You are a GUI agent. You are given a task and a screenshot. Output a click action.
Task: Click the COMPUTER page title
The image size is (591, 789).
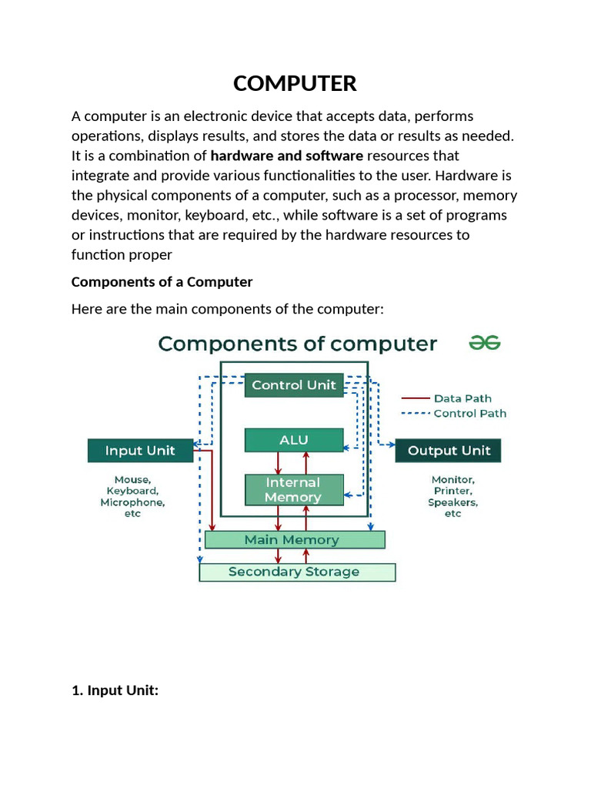[295, 83]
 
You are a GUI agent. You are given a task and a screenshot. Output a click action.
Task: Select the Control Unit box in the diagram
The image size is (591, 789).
[294, 384]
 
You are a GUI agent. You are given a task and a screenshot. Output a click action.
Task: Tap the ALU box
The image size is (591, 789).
[294, 440]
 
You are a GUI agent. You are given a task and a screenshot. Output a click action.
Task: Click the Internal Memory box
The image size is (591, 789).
[293, 490]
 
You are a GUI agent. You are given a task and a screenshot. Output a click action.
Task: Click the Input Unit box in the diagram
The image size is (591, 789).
[140, 451]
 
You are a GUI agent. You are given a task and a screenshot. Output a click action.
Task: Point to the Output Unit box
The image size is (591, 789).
[449, 451]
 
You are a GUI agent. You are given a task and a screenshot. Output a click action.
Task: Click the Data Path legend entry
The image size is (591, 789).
[462, 398]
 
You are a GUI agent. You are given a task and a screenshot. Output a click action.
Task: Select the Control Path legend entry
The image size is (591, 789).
[469, 413]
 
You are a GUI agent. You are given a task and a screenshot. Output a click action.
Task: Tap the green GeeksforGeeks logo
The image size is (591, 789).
[485, 344]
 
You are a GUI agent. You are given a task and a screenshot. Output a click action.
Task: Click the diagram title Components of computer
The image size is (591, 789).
[298, 344]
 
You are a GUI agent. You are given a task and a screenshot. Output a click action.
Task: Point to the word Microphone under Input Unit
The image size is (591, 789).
[132, 502]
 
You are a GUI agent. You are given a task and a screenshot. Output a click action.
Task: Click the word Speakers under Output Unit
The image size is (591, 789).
[452, 502]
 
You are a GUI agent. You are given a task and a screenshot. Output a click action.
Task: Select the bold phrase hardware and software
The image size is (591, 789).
[286, 156]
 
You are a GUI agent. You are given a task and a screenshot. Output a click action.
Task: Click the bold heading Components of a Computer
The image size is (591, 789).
[162, 282]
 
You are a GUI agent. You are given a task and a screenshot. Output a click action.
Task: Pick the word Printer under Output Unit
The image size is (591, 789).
[452, 491]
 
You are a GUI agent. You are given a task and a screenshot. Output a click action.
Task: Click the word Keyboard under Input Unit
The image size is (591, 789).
[132, 491]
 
